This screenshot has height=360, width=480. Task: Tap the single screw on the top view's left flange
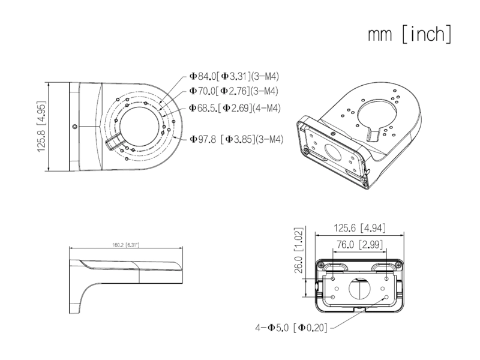74,127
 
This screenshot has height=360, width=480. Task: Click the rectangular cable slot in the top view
112,143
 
